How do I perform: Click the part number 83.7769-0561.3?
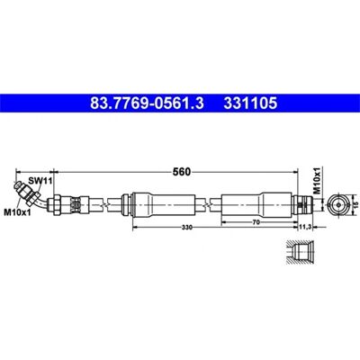pos(147,103)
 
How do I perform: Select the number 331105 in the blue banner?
pos(250,103)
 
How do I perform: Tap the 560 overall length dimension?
pos(182,172)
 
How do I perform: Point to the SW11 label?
pos(40,181)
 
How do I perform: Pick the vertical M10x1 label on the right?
pos(318,181)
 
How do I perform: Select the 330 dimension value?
pos(186,228)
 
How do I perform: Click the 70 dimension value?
pos(256,222)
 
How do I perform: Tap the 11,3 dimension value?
pos(305,228)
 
